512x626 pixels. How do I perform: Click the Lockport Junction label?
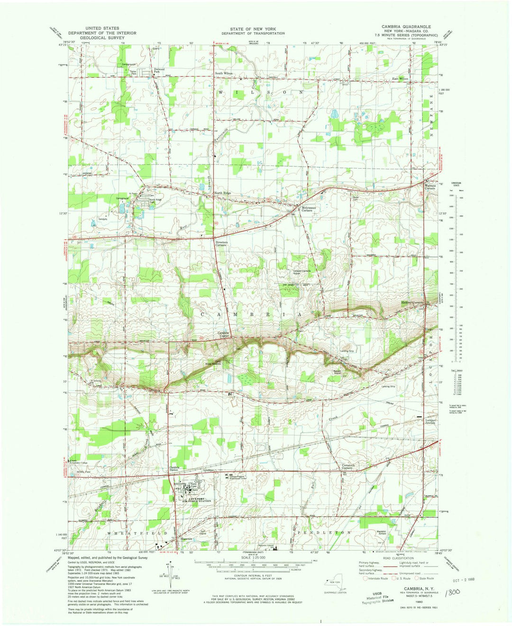pos(430,422)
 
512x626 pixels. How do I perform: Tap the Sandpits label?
pos(103,219)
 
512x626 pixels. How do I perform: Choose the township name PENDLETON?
pos(327,533)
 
